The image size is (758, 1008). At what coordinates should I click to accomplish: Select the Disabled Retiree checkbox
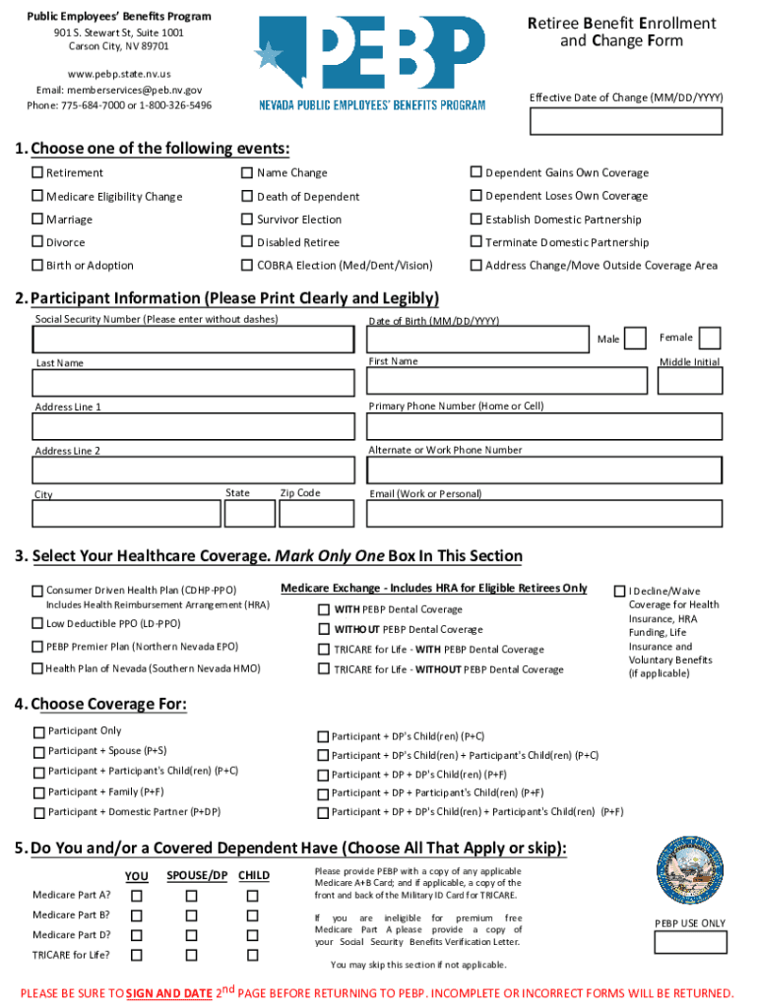pyautogui.click(x=247, y=242)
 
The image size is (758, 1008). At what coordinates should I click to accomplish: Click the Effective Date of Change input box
pyautogui.click(x=626, y=120)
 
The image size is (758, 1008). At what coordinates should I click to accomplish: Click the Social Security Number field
pyautogui.click(x=193, y=339)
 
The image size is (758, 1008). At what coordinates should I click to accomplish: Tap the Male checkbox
pyautogui.click(x=636, y=339)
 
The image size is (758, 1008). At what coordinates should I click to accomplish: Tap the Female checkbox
pyautogui.click(x=709, y=338)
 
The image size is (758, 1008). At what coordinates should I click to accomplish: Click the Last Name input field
pyautogui.click(x=193, y=383)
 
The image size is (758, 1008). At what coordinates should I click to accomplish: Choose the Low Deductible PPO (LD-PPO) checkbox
pyautogui.click(x=37, y=623)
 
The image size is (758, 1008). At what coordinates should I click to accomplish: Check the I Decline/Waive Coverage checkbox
pyautogui.click(x=619, y=592)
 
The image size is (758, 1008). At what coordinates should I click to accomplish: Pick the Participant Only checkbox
pyautogui.click(x=38, y=731)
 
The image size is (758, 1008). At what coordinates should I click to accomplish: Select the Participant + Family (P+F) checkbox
pyautogui.click(x=38, y=792)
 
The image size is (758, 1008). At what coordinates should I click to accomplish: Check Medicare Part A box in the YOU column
pyautogui.click(x=137, y=896)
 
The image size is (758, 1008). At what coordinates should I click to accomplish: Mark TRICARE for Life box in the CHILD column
pyautogui.click(x=252, y=955)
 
